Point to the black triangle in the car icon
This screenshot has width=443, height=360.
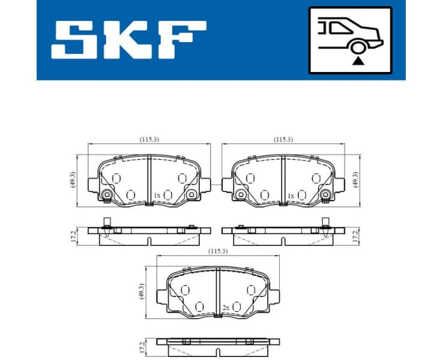[x=358, y=60]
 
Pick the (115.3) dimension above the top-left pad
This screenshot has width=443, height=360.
[x=149, y=139]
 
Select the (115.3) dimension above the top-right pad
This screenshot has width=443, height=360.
[x=283, y=139]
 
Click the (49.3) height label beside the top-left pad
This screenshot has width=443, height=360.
[x=73, y=180]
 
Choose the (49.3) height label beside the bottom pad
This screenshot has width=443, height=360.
[x=141, y=292]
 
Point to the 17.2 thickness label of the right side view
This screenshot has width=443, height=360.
[x=355, y=236]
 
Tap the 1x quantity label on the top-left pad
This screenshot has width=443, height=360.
[x=157, y=196]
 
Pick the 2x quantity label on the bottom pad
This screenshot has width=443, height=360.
[x=225, y=307]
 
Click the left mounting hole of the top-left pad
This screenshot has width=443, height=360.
[x=107, y=194]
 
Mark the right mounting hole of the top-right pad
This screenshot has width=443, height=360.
[x=326, y=194]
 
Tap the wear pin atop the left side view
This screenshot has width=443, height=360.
[x=105, y=221]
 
